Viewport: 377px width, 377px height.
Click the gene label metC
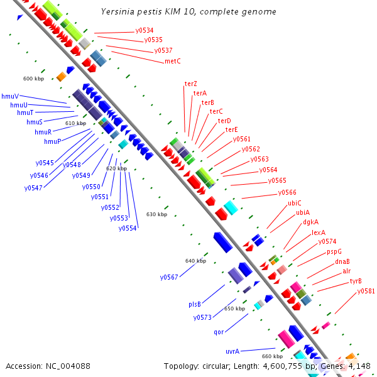pos(173,61)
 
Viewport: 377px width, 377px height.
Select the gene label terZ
pos(190,84)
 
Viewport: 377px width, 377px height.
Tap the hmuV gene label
pos(10,96)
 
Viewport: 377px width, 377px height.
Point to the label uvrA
pos(232,351)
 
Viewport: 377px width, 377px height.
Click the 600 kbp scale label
pos(34,79)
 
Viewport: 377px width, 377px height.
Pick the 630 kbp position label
pos(156,214)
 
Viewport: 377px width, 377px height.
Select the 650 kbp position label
pos(234,309)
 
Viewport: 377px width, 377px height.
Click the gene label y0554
pos(128,229)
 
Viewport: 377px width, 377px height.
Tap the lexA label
pos(319,232)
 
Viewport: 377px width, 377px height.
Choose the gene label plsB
pos(195,304)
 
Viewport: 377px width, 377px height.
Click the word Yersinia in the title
pos(117,11)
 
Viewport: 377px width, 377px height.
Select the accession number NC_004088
pos(68,366)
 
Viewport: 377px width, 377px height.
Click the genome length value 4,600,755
pos(283,366)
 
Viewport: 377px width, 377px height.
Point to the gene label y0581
pos(366,291)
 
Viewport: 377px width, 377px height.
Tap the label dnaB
pos(342,261)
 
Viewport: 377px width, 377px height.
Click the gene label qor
pos(219,332)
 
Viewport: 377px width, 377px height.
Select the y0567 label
pos(169,277)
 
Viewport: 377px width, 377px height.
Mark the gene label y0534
pos(145,30)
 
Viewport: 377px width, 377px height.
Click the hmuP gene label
pos(53,141)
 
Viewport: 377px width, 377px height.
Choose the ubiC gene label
pos(295,203)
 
